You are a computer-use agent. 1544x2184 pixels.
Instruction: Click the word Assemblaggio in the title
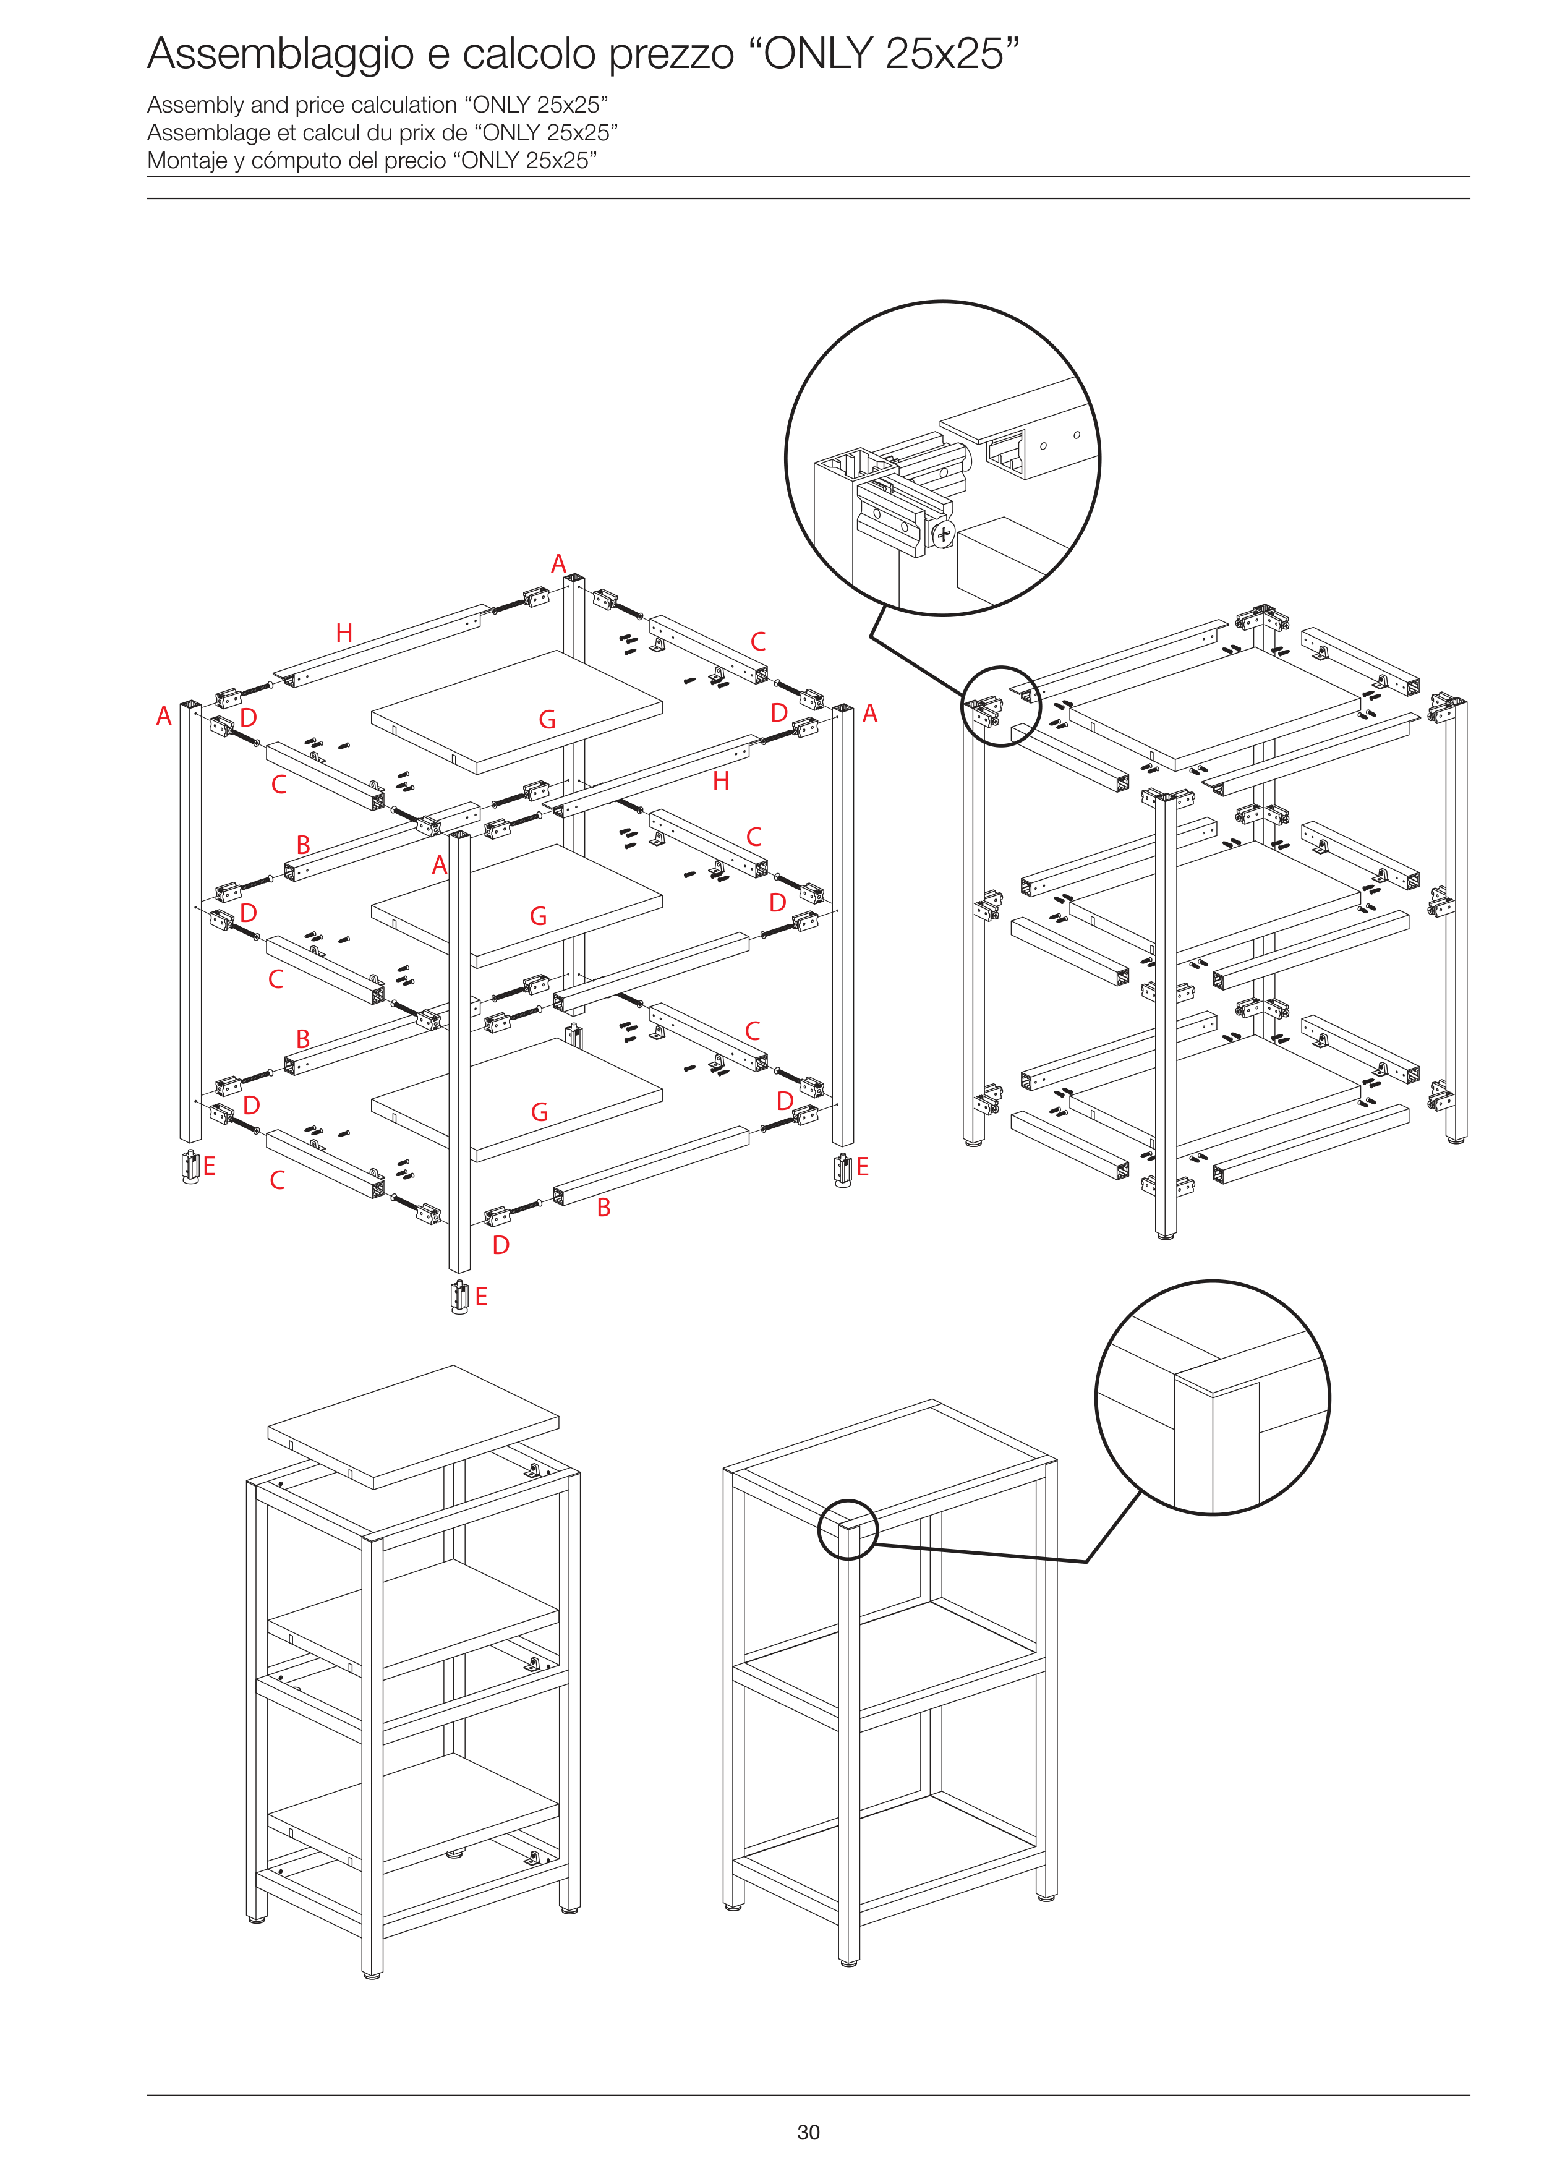pos(281,55)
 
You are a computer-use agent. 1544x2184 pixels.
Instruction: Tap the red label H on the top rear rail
pos(344,633)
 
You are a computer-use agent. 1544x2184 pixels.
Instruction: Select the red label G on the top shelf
pos(547,720)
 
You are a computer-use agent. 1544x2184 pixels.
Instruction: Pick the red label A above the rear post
pos(560,564)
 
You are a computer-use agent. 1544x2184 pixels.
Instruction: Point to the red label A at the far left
pos(164,716)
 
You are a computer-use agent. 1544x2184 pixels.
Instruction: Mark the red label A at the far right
pos(869,714)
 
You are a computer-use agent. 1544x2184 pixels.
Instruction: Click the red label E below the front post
pos(481,1297)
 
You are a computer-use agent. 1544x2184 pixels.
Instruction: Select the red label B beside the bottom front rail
pos(603,1208)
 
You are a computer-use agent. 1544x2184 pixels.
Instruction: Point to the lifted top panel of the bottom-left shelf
pos(413,1427)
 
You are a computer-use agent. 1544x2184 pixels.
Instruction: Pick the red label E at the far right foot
pos(863,1167)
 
